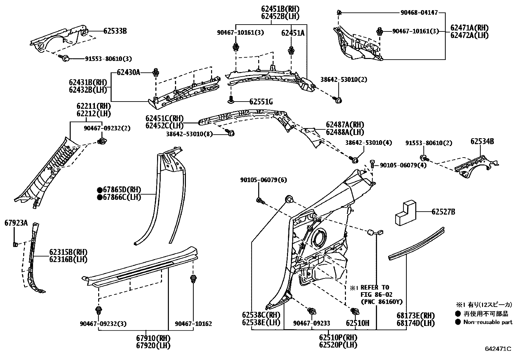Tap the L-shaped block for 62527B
click(x=405, y=214)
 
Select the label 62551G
click(x=261, y=102)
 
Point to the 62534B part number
click(x=482, y=142)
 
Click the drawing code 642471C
click(x=498, y=349)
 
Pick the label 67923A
click(x=16, y=223)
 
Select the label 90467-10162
click(x=193, y=324)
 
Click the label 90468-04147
click(x=419, y=13)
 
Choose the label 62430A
click(x=129, y=72)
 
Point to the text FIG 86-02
click(x=376, y=294)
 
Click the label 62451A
click(x=293, y=33)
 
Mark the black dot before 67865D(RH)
click(x=99, y=190)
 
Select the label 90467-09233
click(x=312, y=323)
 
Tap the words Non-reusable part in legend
click(x=488, y=322)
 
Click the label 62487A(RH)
click(x=345, y=125)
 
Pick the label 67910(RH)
click(x=153, y=338)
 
